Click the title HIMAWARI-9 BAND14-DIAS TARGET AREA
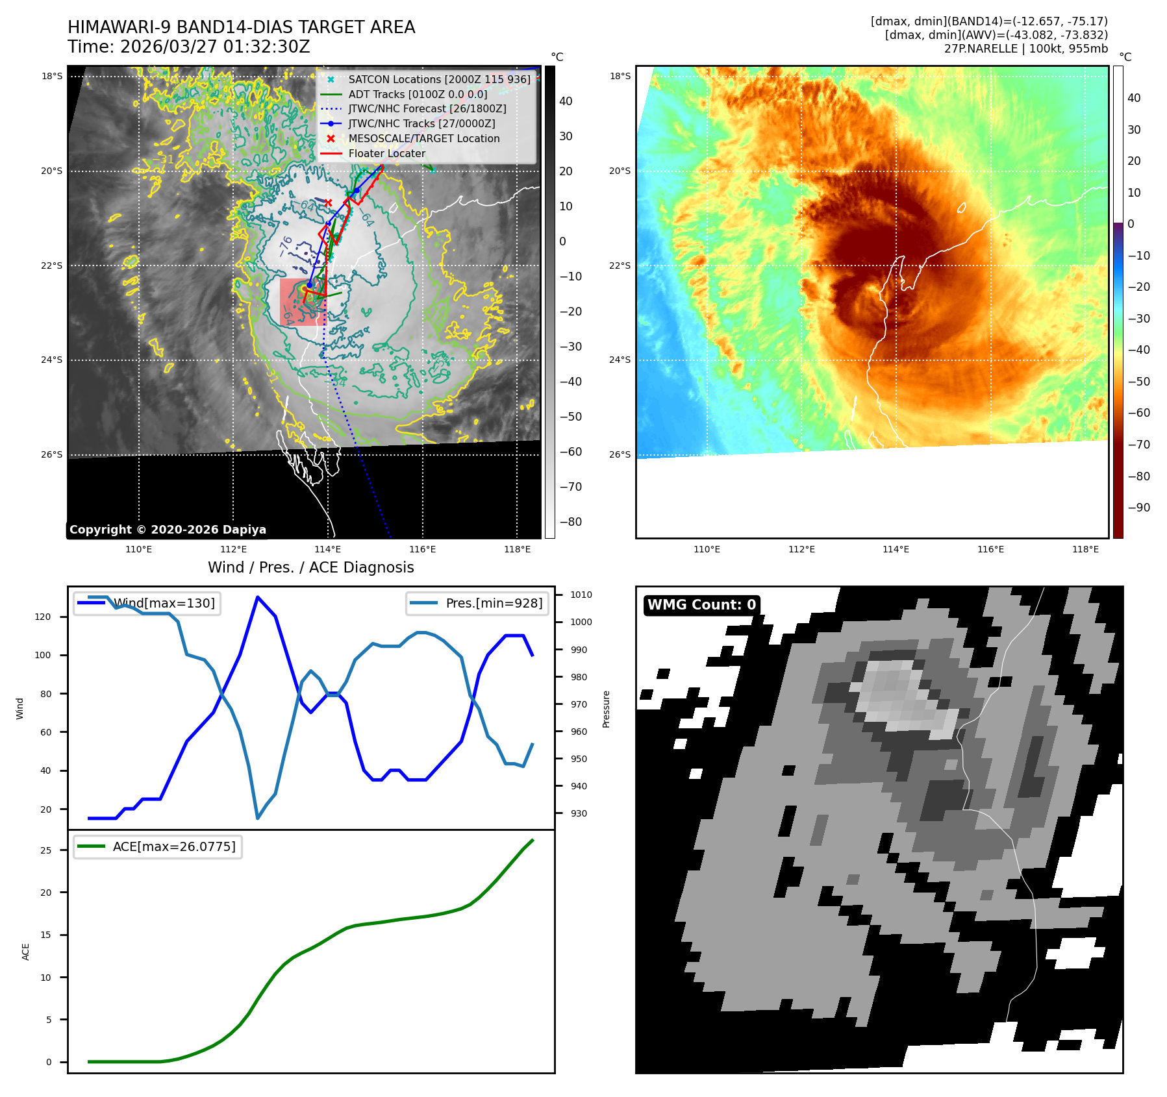(241, 27)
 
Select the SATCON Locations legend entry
(439, 79)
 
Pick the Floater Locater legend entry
(386, 154)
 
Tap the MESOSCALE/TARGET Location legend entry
(423, 138)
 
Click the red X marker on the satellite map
(329, 203)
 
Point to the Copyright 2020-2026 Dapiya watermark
(168, 530)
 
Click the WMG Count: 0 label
(701, 605)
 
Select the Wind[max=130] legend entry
(164, 603)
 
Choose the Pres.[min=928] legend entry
(494, 603)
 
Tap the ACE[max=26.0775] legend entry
(173, 846)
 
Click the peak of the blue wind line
(258, 597)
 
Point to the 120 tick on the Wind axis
(43, 617)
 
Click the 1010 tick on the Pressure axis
(581, 595)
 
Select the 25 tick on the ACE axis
(46, 850)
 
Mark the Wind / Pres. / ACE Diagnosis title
(310, 567)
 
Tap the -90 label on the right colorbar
(1138, 508)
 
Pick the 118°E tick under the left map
(517, 550)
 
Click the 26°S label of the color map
(620, 454)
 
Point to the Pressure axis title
(606, 709)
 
